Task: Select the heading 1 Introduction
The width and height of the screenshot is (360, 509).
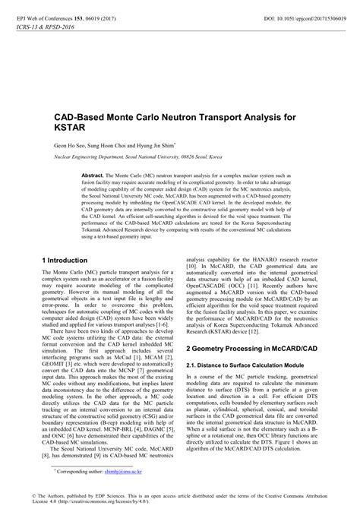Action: coord(68,260)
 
